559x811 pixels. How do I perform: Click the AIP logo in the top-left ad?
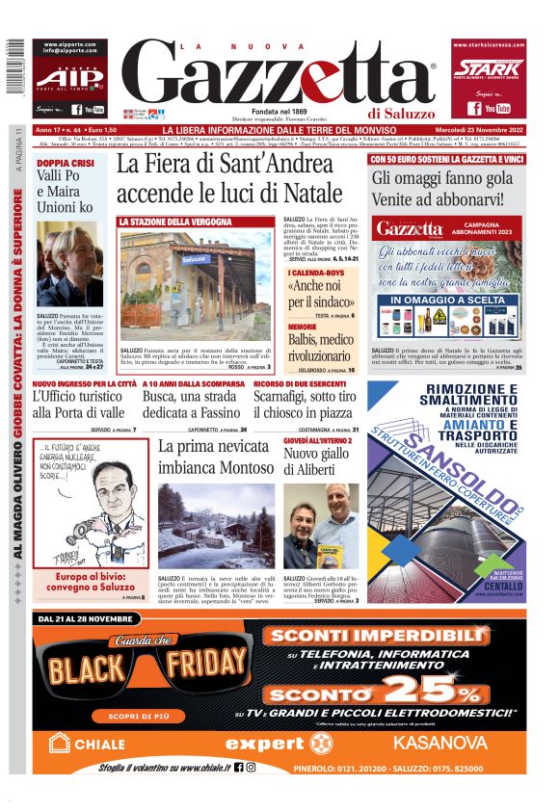[x=67, y=78]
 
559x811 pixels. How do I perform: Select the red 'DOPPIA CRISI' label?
[x=67, y=164]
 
